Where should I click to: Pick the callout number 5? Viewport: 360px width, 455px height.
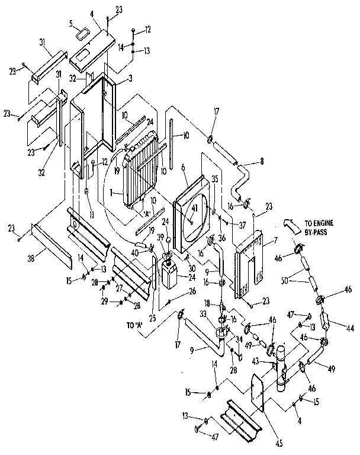point(70,24)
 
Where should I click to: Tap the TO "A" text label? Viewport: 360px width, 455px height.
point(136,325)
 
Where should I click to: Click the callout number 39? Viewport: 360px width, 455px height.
point(160,237)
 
